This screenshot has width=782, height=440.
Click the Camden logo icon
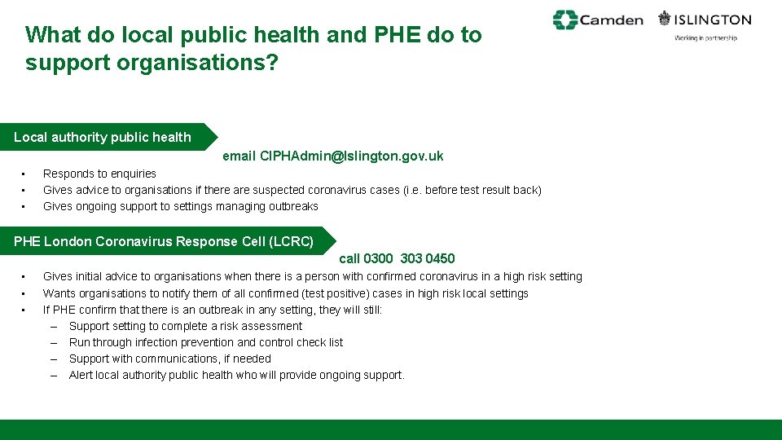coord(565,20)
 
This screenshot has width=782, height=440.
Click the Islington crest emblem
coord(666,19)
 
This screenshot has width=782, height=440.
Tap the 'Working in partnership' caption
coord(705,38)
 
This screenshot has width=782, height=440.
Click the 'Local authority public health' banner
coord(103,137)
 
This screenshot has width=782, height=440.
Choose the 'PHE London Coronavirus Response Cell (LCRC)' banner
coord(164,241)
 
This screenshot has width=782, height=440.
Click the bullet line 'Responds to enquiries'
coord(99,174)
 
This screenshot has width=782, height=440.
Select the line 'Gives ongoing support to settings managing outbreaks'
coord(180,206)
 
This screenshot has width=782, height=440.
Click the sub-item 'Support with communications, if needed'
coord(169,359)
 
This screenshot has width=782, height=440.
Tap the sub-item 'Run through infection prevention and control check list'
coord(205,342)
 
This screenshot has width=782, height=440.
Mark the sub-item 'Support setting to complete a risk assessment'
coord(185,326)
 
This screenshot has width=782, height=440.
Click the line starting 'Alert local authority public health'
coord(236,375)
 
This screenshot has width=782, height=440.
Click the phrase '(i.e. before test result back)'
coord(472,190)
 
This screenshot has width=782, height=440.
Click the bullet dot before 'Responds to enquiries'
coord(24,174)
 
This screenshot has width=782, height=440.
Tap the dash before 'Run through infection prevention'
coord(53,342)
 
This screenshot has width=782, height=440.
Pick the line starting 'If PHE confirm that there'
coord(212,310)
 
